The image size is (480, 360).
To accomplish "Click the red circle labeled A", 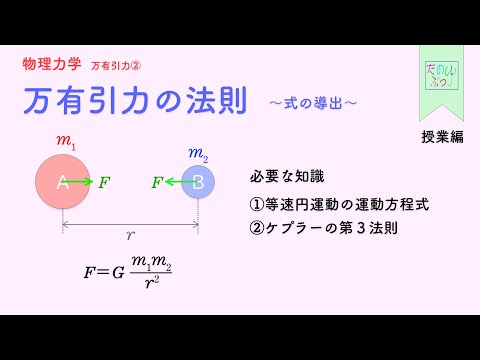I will (62, 182).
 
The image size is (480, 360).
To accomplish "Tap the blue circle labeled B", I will (198, 182).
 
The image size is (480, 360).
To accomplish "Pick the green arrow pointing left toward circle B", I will (178, 182).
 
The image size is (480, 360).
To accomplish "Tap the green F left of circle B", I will (157, 182).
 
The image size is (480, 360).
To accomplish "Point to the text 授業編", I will (441, 137).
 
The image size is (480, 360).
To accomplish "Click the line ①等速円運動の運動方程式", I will (339, 203).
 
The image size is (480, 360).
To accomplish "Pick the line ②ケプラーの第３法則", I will (324, 227).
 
